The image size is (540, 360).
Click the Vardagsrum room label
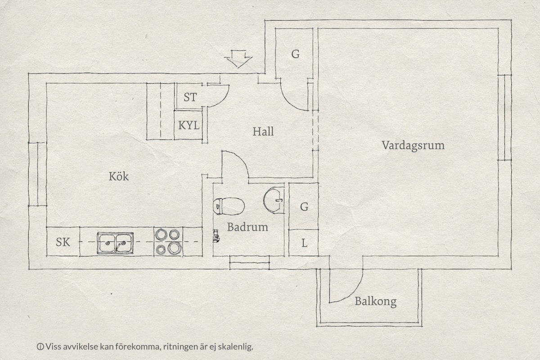413,146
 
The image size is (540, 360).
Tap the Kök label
119,176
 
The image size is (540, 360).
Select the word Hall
263,132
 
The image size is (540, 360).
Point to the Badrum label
247,227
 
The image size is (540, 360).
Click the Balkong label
376,301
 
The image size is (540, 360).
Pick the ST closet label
190,97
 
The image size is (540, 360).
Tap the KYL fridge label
189,126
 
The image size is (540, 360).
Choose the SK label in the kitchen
63,242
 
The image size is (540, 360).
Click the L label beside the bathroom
305,243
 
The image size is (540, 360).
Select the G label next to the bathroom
304,207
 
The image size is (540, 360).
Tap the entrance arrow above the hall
238,59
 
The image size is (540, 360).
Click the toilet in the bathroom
229,206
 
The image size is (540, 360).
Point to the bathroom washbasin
274,200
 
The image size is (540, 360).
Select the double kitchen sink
115,243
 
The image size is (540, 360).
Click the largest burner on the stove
175,248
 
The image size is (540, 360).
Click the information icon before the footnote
40,347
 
